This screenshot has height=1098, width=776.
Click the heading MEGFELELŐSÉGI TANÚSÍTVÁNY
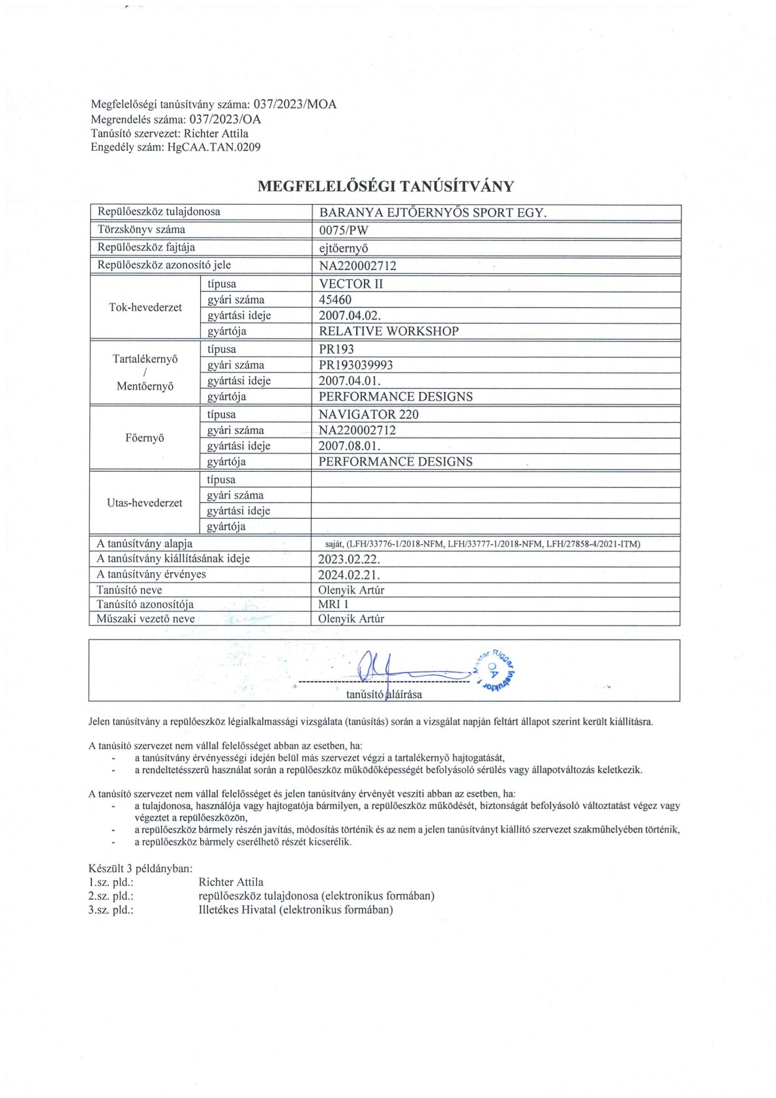tap(385, 187)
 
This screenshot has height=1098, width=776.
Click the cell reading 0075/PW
tap(344, 230)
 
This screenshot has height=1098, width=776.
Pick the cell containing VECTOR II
tap(351, 284)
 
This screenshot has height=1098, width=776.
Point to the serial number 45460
tap(335, 300)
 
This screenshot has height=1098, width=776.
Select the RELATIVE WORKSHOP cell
tap(389, 331)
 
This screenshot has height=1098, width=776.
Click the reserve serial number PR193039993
tap(356, 365)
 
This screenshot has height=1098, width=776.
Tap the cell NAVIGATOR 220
tap(368, 414)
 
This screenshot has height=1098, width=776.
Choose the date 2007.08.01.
tap(350, 446)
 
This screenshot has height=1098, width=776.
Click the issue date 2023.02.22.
tap(349, 559)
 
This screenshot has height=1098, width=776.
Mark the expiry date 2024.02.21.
tap(349, 575)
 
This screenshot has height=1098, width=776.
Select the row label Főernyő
tap(145, 438)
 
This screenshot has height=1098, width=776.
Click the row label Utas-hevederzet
tap(145, 503)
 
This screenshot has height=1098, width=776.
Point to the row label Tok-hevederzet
tap(145, 307)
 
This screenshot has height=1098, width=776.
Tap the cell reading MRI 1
tap(334, 604)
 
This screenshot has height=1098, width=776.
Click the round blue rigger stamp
tap(494, 671)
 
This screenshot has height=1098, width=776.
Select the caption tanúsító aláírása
tap(384, 694)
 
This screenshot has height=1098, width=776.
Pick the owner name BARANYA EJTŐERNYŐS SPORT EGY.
tap(433, 213)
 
